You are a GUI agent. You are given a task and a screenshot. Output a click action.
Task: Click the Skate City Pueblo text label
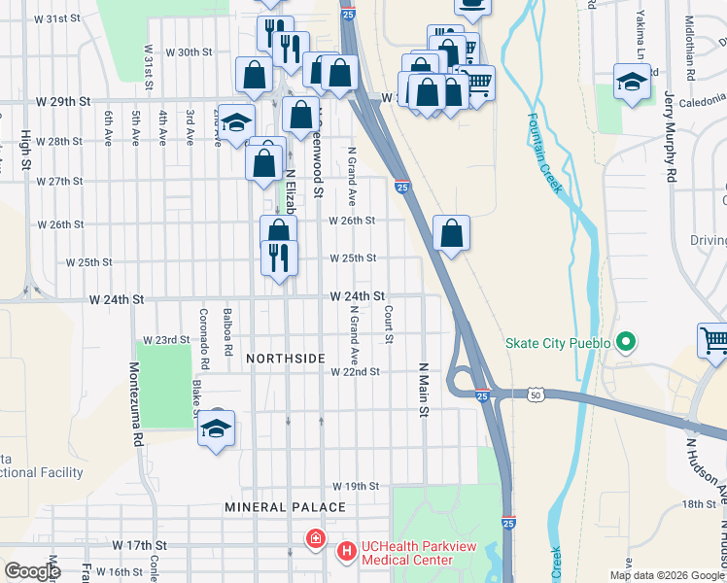pyautogui.click(x=557, y=343)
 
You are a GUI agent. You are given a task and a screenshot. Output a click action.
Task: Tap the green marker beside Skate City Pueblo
pyautogui.click(x=626, y=343)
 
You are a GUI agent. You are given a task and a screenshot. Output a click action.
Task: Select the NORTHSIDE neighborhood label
pyautogui.click(x=285, y=359)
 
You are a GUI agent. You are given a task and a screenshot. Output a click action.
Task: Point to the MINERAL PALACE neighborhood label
pyautogui.click(x=285, y=507)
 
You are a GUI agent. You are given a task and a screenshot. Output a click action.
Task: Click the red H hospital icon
pyautogui.click(x=315, y=537)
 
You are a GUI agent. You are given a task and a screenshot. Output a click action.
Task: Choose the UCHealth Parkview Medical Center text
pyautogui.click(x=407, y=553)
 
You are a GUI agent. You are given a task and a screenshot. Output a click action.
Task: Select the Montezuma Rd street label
pyautogui.click(x=137, y=405)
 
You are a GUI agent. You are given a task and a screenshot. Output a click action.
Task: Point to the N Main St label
pyautogui.click(x=424, y=390)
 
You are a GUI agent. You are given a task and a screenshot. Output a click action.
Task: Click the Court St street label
pyautogui.click(x=388, y=325)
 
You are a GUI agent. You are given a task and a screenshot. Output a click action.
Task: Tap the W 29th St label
pyautogui.click(x=63, y=101)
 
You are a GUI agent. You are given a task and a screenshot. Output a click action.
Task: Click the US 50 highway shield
pyautogui.click(x=536, y=394)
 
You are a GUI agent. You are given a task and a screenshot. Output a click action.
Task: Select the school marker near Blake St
pyautogui.click(x=216, y=429)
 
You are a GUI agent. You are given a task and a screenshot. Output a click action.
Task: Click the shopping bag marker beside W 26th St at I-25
pyautogui.click(x=451, y=233)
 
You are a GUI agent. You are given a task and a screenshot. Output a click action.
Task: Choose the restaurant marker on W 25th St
pyautogui.click(x=279, y=258)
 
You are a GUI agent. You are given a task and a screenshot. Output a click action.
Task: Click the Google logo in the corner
pyautogui.click(x=32, y=571)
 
